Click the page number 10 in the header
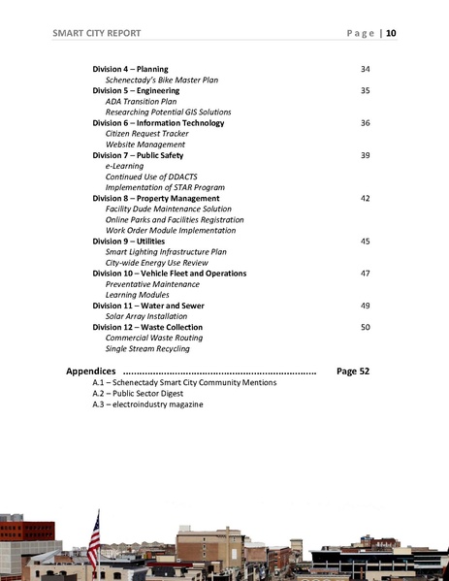391,34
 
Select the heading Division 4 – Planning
130,69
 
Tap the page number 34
365,69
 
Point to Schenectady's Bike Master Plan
161,80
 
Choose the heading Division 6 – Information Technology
158,123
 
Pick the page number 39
365,155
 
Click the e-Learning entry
124,166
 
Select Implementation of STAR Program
165,187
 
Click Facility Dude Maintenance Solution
168,209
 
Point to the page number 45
365,241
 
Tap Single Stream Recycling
147,348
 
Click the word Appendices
91,371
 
